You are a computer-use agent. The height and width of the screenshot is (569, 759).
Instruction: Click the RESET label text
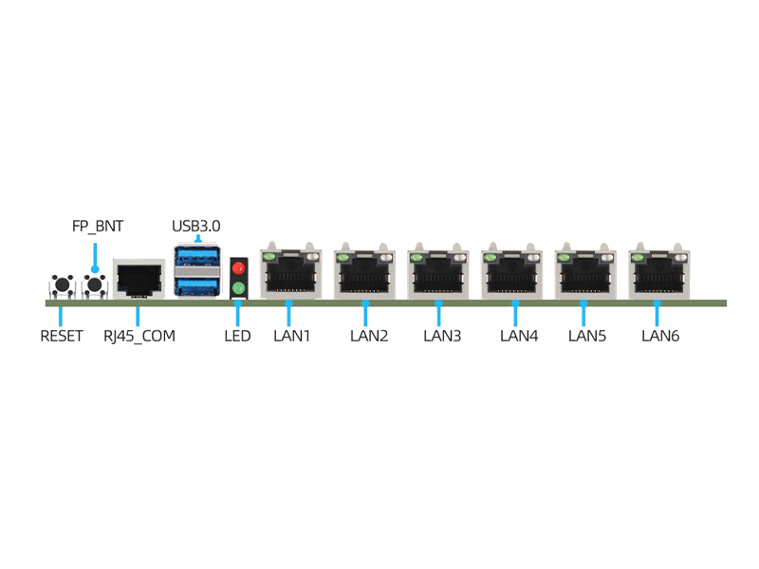tap(62, 336)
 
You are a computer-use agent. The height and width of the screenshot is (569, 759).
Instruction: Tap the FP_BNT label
tap(98, 227)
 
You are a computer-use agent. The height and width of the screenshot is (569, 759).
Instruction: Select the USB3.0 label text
tap(196, 227)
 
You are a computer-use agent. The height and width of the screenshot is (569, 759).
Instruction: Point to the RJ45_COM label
tap(139, 336)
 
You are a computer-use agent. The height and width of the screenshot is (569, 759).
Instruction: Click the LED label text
tap(237, 336)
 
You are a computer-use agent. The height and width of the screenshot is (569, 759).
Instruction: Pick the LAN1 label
tap(292, 336)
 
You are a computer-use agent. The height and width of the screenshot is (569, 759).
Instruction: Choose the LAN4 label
tap(519, 336)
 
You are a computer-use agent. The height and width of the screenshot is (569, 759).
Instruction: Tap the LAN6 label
tap(660, 336)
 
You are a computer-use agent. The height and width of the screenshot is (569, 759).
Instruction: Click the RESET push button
tap(63, 284)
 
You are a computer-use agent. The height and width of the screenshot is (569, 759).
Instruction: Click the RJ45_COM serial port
tap(139, 278)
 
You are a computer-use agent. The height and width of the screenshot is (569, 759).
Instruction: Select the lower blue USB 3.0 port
tap(196, 285)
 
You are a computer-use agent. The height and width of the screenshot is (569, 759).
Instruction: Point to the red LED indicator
tap(239, 268)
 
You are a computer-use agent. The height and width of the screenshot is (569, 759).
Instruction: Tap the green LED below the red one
tap(239, 287)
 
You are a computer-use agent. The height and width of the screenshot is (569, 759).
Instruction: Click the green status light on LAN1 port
tap(269, 256)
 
